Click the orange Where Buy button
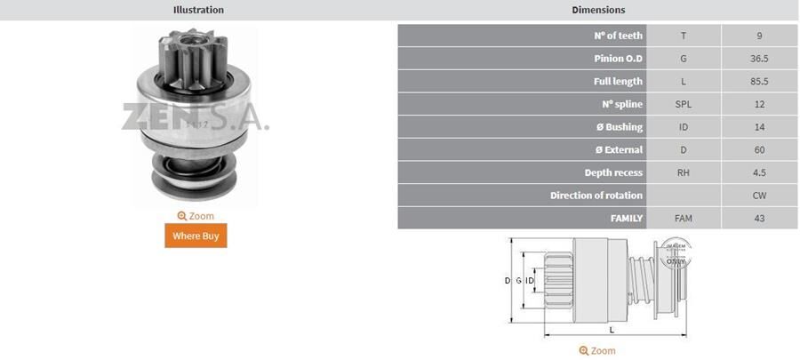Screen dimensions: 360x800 tap(196, 236)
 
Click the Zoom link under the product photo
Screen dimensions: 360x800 tap(196, 216)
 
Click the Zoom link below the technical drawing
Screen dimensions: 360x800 tap(597, 351)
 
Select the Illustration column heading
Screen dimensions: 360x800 tap(197, 10)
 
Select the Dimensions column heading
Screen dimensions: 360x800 tap(597, 10)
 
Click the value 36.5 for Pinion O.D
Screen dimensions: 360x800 tap(758, 59)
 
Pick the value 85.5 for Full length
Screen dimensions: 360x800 tap(758, 82)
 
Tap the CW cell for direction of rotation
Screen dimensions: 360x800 tap(758, 195)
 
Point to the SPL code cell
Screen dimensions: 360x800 tap(683, 104)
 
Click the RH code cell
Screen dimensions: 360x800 tap(683, 172)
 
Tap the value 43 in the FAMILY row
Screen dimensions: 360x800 tap(758, 218)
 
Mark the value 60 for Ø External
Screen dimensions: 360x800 tap(758, 149)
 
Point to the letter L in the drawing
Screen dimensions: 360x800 tap(611, 329)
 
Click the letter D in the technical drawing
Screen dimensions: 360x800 tap(508, 281)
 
